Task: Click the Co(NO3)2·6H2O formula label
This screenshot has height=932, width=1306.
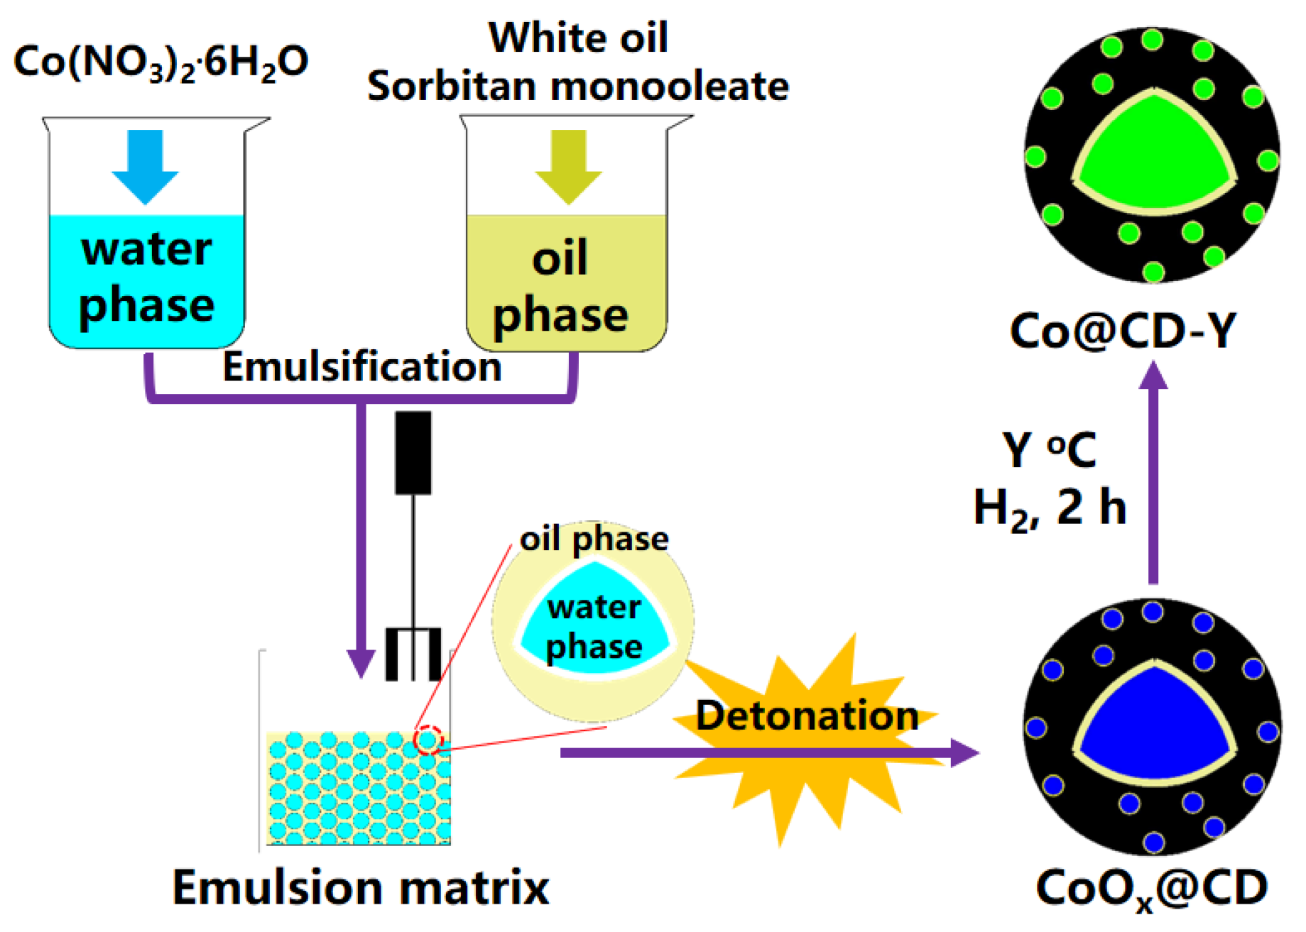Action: tap(161, 62)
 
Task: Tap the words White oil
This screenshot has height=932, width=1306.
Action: tap(578, 37)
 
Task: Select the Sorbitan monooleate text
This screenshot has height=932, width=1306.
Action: tap(578, 87)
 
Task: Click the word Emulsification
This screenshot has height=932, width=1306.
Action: tap(362, 367)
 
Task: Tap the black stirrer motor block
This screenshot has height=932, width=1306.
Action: tap(413, 452)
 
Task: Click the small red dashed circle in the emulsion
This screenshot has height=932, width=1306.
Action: tap(428, 740)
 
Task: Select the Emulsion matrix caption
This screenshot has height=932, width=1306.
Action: tap(361, 887)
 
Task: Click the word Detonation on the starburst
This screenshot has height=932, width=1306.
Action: tap(807, 716)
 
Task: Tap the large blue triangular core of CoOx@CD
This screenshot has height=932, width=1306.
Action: tap(1155, 731)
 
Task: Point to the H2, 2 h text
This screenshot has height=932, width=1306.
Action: tap(1050, 508)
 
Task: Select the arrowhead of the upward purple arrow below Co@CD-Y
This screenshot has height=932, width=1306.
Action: tap(1153, 376)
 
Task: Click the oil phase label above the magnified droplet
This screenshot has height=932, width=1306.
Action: tap(594, 539)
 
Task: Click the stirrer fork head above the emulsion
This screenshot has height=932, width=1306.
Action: tap(413, 654)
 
